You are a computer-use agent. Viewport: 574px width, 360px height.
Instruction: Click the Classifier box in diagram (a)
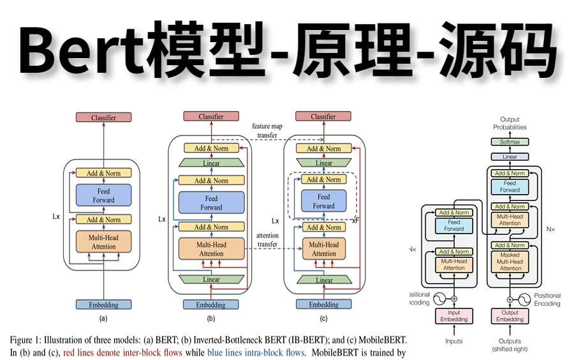click(103, 117)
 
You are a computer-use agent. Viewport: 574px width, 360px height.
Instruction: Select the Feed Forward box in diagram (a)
click(103, 195)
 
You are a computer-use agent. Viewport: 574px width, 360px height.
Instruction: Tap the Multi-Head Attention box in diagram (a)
click(103, 242)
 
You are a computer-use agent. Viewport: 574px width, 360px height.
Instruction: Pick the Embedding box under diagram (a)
click(103, 304)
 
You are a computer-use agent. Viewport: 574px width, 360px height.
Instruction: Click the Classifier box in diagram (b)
click(211, 117)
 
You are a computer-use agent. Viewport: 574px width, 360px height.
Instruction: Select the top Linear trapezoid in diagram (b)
click(211, 163)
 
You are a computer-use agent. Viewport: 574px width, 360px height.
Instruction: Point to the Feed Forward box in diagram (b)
click(211, 203)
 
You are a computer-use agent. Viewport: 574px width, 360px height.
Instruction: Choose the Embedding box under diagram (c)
click(323, 304)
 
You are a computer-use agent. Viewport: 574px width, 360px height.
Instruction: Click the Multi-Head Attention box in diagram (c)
click(323, 249)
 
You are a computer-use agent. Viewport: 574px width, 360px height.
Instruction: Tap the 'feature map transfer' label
click(267, 131)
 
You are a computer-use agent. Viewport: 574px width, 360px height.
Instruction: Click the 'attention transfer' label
click(267, 239)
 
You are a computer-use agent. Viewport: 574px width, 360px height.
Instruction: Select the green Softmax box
click(510, 142)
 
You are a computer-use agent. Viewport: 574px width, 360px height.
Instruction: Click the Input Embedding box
click(454, 315)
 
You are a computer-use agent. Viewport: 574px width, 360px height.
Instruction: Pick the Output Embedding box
click(510, 315)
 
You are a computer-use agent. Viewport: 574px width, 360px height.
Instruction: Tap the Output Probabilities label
click(510, 123)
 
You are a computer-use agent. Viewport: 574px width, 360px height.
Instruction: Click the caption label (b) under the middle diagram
click(211, 317)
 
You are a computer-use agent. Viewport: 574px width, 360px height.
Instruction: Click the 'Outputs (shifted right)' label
click(510, 345)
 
